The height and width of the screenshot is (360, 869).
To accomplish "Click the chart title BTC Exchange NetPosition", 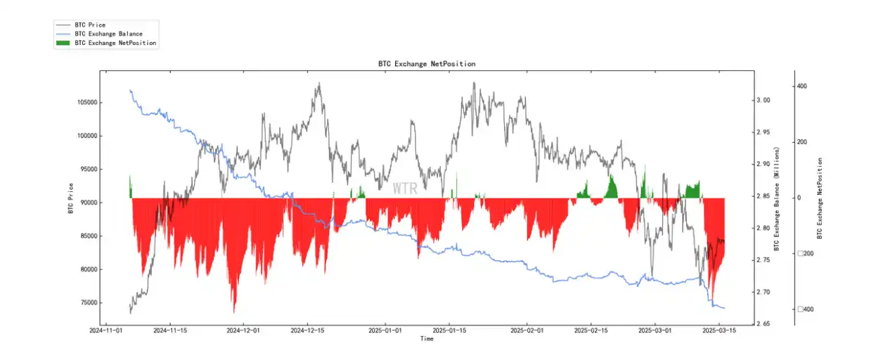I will tap(426, 64).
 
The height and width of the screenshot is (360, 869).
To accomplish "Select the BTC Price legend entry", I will tap(89, 25).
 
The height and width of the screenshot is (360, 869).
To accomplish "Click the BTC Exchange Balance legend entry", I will tap(108, 34).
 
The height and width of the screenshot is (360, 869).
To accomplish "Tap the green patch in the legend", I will tap(63, 43).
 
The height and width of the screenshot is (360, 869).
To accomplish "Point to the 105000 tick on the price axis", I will tap(86, 103).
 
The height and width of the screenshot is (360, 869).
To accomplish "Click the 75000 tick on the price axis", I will tap(88, 303).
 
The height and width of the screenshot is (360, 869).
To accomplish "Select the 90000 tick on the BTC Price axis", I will tap(88, 202).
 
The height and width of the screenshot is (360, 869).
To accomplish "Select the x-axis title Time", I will tap(426, 339).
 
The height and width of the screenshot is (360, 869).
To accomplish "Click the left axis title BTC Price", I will tap(70, 198).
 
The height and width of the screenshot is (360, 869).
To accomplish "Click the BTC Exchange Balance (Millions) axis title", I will tap(777, 199).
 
